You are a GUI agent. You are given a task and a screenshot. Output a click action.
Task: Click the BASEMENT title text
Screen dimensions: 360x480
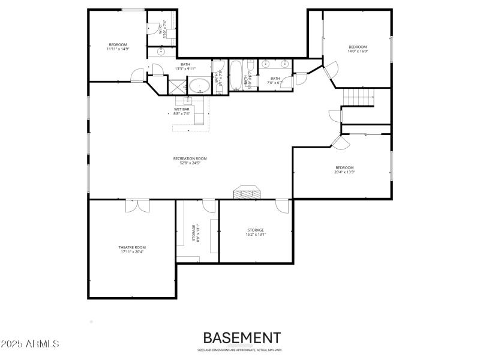click(241, 338)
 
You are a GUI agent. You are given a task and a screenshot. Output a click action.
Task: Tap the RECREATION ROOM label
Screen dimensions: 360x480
click(190, 158)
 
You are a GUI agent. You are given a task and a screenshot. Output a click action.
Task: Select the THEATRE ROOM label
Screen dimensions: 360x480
click(132, 247)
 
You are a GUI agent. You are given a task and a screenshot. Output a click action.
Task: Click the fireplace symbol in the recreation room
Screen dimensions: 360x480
click(247, 191)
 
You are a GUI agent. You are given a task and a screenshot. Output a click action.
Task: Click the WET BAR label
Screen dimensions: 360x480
click(182, 109)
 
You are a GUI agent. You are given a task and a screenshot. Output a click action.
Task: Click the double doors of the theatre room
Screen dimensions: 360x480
click(137, 205)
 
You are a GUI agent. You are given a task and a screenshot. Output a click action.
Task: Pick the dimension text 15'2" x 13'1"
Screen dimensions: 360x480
click(256, 235)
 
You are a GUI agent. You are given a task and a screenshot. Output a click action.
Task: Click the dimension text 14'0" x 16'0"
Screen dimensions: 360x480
click(358, 52)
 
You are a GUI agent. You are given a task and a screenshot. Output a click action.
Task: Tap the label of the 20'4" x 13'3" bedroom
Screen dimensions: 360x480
click(344, 167)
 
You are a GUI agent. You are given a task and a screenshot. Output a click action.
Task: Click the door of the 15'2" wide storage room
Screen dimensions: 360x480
click(282, 206)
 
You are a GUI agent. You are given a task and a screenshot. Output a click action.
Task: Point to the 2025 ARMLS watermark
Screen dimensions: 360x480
click(30, 344)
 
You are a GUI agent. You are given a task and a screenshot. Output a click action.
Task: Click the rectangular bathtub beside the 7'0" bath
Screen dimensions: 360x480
click(236, 76)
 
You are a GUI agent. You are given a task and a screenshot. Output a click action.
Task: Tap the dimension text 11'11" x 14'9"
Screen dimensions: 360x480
click(118, 49)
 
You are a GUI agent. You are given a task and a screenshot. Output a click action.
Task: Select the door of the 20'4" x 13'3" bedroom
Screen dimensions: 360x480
click(340, 142)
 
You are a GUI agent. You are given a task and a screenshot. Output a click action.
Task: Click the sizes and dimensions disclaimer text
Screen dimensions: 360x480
click(240, 350)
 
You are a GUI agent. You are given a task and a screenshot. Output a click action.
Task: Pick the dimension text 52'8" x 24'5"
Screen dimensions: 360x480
click(190, 163)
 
